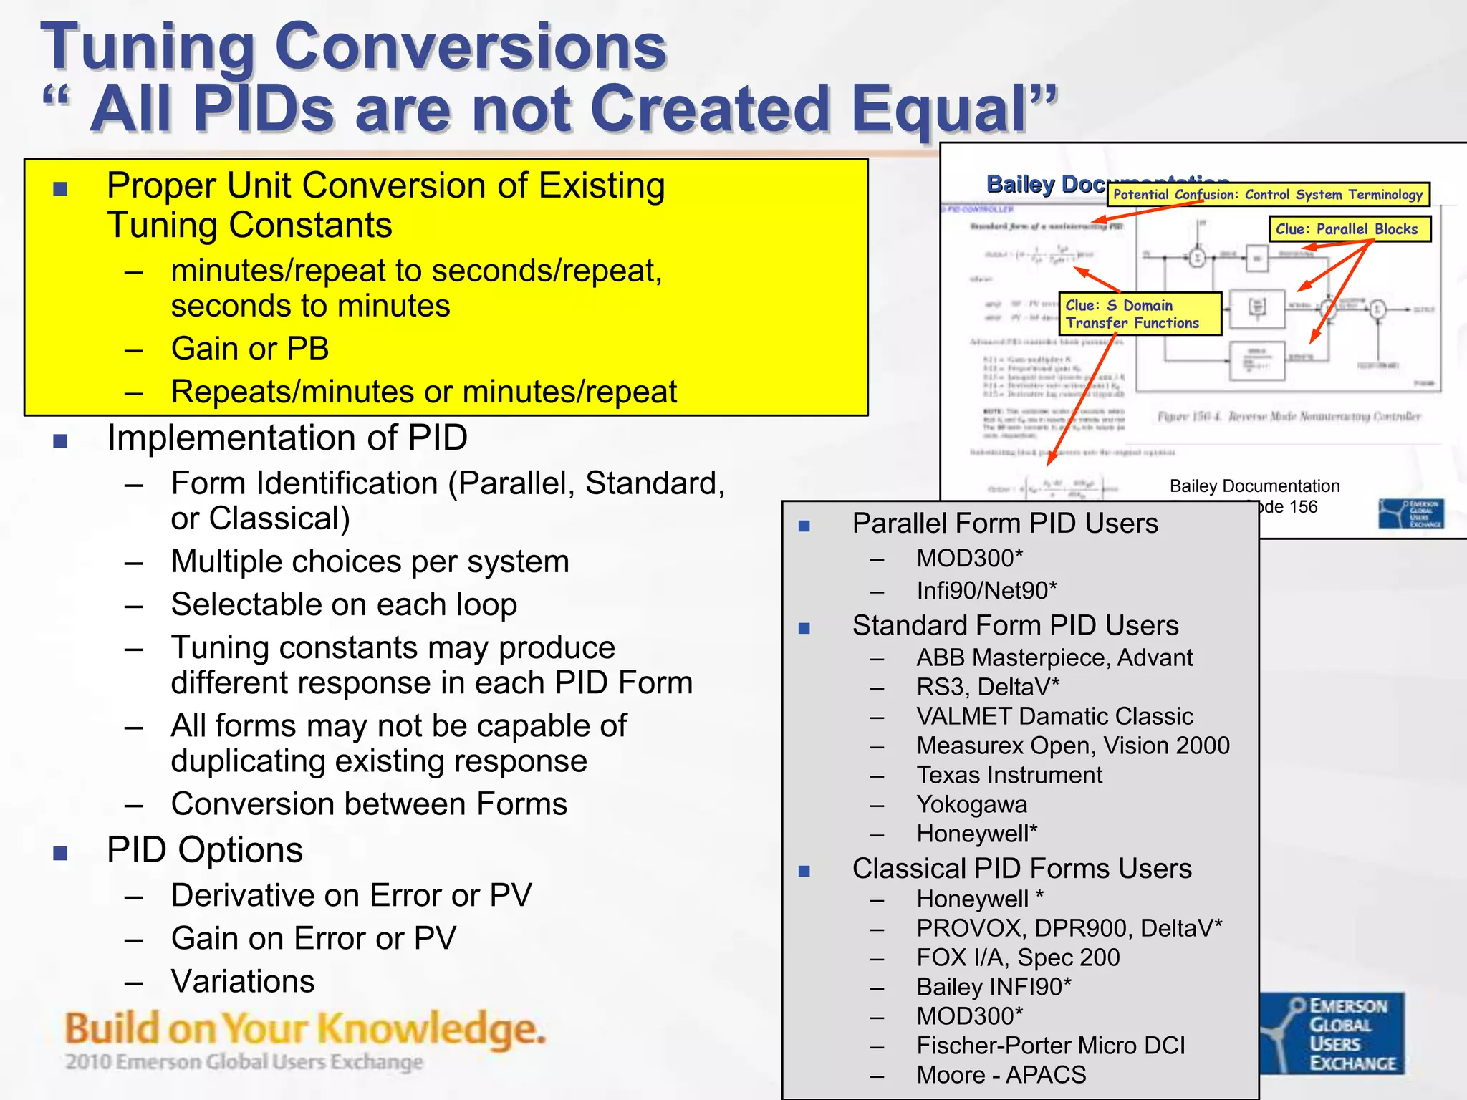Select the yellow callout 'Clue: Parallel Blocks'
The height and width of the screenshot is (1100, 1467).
1349,229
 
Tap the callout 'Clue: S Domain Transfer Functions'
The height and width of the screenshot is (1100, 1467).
1139,314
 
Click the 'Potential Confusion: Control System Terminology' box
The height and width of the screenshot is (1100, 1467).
1268,194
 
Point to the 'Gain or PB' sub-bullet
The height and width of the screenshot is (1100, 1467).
249,349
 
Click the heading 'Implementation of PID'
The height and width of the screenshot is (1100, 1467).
287,438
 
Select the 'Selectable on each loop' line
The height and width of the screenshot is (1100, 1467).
344,604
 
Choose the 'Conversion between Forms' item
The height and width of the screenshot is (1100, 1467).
369,804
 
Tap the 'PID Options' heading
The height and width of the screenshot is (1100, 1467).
205,850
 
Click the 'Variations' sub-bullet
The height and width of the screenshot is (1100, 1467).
243,981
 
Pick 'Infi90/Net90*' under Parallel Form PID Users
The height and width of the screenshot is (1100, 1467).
986,590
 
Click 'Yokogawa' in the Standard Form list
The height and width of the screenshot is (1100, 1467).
971,804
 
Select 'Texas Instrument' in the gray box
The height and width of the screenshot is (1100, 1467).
1009,775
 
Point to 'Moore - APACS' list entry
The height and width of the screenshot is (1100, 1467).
1001,1074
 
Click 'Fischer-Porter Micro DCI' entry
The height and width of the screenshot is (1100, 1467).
1050,1046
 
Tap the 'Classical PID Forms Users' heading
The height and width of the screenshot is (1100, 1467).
1021,869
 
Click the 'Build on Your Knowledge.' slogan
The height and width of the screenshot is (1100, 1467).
305,1029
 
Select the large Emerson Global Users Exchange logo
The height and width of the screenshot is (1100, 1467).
1332,1033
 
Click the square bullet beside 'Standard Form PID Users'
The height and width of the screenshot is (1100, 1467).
804,628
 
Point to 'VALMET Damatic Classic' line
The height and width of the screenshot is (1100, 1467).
1054,716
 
